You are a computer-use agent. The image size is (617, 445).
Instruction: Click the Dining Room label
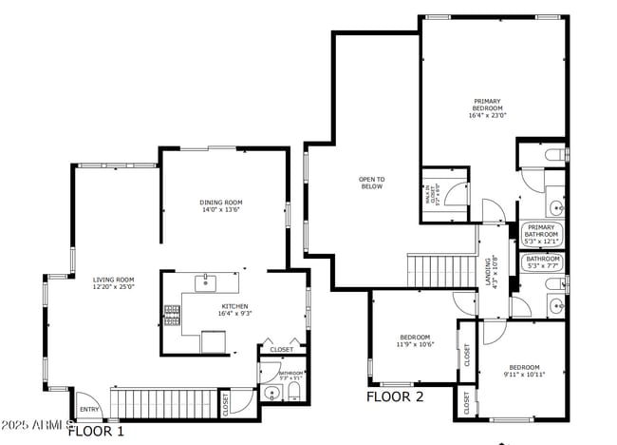click(221, 205)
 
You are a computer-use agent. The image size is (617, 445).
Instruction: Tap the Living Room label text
click(113, 282)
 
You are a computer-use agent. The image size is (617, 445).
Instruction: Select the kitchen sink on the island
click(206, 282)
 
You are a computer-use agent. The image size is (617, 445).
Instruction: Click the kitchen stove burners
click(172, 315)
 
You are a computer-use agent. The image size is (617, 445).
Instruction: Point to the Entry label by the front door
click(89, 410)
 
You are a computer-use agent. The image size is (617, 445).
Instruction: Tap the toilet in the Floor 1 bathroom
click(293, 392)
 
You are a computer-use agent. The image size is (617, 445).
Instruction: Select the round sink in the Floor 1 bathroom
click(271, 393)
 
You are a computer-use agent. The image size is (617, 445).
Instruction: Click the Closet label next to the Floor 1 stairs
click(226, 403)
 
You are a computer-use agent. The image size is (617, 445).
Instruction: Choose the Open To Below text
click(371, 183)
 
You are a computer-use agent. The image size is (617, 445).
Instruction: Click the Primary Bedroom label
click(487, 108)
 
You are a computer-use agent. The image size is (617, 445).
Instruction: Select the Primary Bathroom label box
click(541, 234)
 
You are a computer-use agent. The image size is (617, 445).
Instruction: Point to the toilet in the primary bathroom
click(555, 154)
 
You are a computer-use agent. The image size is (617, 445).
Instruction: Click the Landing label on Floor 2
click(490, 272)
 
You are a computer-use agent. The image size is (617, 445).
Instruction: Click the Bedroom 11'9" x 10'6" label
click(415, 340)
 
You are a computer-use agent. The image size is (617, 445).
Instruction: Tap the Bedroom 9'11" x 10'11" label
click(523, 371)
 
